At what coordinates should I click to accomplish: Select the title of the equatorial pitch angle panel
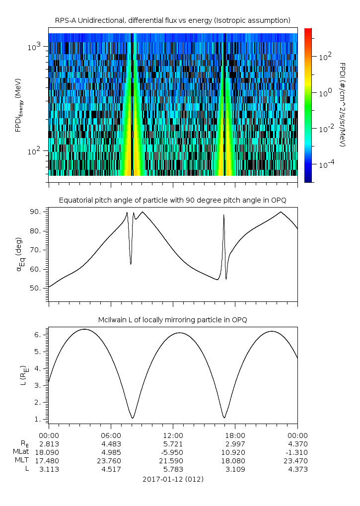click(x=172, y=200)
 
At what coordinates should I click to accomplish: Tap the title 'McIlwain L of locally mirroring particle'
click(x=172, y=320)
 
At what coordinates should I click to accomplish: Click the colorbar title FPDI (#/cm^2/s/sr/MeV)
click(x=343, y=104)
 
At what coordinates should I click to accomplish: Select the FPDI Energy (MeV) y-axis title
click(x=19, y=104)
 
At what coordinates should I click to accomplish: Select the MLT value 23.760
click(x=111, y=460)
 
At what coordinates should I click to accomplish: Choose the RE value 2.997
click(x=235, y=443)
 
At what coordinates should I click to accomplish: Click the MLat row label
click(x=23, y=452)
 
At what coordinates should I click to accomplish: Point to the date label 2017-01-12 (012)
click(x=173, y=479)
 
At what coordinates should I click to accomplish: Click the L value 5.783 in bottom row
click(x=173, y=469)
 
